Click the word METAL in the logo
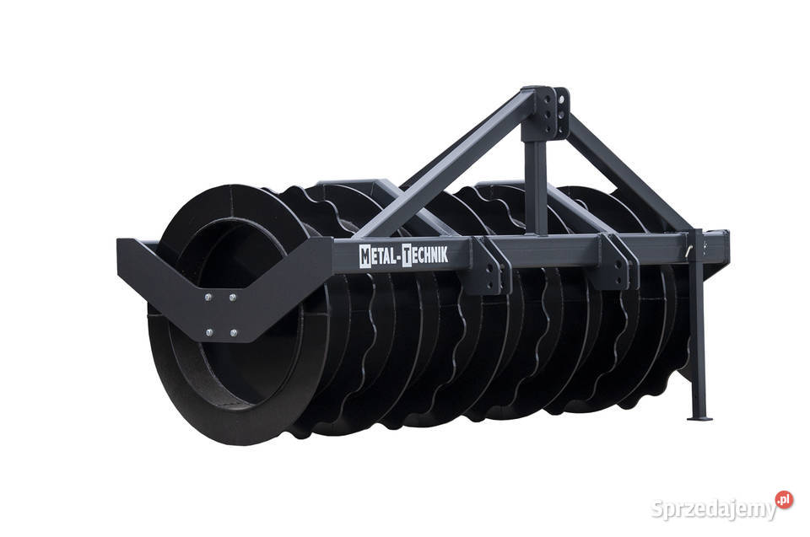378,256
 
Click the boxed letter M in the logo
364,256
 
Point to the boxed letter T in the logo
407,255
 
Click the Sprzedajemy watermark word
714,509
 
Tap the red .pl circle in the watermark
784,499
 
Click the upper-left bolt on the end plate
208,297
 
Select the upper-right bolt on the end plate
233,297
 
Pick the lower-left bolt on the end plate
208,332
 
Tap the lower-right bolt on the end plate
234,333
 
